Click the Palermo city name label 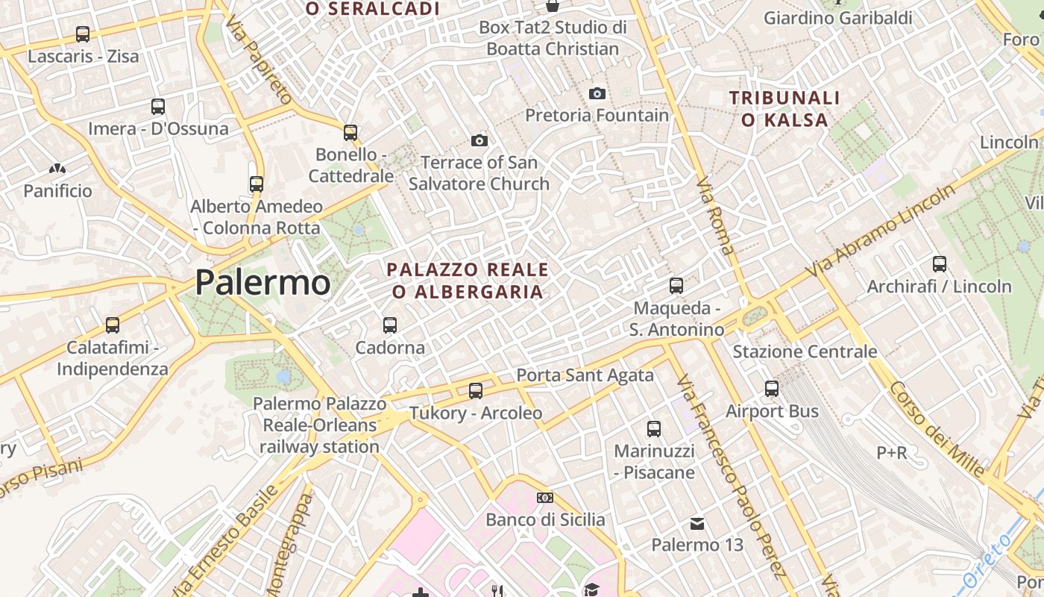(x=262, y=283)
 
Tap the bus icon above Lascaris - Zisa (x=83, y=34)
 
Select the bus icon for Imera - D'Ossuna (x=158, y=107)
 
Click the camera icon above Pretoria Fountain (x=597, y=93)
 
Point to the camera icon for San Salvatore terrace (x=479, y=140)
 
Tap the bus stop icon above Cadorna (x=390, y=325)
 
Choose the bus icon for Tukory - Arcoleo (x=475, y=391)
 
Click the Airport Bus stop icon (x=772, y=389)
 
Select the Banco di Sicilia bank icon (x=545, y=498)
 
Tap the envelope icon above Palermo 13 (x=697, y=523)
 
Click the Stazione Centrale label (x=805, y=351)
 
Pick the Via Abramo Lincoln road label (x=880, y=232)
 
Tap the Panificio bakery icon (x=57, y=169)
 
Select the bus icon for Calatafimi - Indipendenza (x=113, y=325)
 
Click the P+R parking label (x=892, y=452)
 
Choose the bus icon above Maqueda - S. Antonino (x=676, y=286)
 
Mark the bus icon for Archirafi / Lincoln (x=940, y=264)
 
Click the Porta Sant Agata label (x=585, y=375)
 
